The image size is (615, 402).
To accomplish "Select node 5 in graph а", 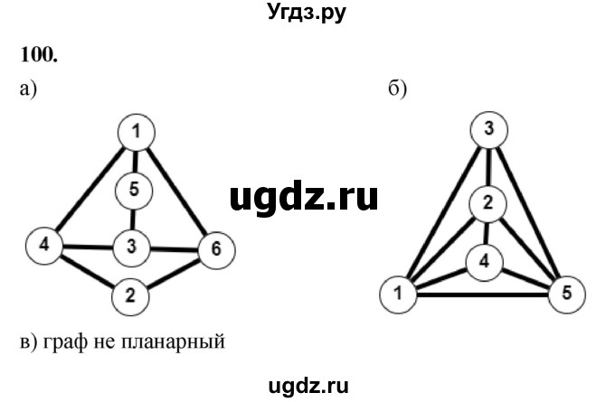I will click(x=135, y=190).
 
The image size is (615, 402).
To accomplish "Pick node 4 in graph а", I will click(x=44, y=244).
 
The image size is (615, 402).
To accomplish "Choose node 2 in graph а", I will click(x=131, y=294).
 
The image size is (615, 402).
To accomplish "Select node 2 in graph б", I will click(x=487, y=202).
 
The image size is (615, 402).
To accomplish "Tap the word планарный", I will click(x=181, y=342).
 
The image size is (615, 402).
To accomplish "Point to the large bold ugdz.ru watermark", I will click(x=304, y=195).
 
